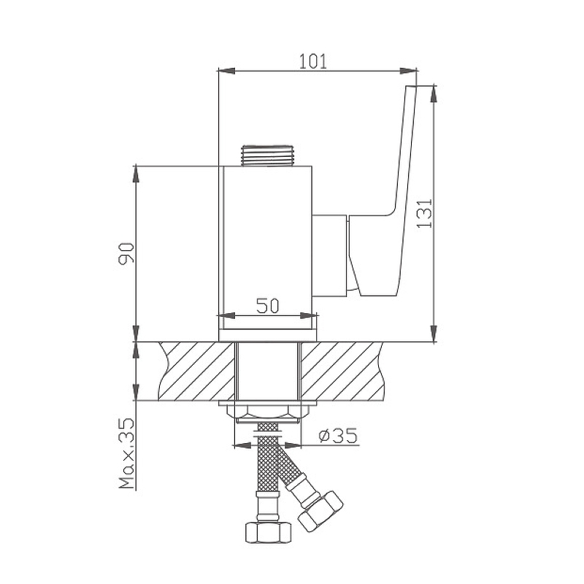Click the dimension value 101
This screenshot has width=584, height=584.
[x=313, y=61]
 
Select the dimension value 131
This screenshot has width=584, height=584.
[x=424, y=213]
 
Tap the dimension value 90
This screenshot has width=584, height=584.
[x=126, y=253]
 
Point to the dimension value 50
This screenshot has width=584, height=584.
[x=267, y=306]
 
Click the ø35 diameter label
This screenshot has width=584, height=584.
[x=338, y=435]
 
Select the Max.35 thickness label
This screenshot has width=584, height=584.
[x=126, y=453]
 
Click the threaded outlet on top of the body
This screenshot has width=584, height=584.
[x=267, y=155]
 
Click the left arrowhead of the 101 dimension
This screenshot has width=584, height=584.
[x=226, y=71]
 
